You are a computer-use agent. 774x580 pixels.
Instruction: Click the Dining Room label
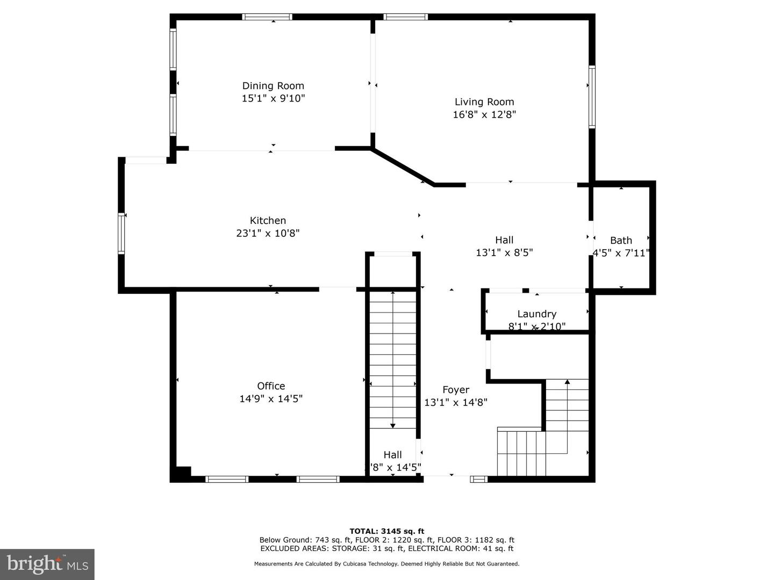[273, 86]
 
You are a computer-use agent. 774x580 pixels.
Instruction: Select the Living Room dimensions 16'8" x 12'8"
[484, 114]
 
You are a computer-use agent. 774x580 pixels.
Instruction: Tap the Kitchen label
[268, 220]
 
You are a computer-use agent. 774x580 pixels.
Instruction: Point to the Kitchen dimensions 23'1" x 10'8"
[268, 233]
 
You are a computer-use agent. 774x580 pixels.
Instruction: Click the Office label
[271, 386]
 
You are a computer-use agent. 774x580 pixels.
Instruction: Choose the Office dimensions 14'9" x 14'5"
[271, 398]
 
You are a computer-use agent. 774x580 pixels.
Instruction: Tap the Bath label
[621, 241]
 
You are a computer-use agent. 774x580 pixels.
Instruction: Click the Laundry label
[536, 314]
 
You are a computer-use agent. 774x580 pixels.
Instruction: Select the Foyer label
[456, 390]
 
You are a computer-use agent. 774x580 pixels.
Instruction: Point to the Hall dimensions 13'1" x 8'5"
[504, 252]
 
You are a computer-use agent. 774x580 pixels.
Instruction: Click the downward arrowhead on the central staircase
[393, 425]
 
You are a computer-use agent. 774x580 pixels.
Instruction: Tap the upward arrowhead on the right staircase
[567, 382]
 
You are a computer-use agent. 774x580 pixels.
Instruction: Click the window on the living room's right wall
[592, 97]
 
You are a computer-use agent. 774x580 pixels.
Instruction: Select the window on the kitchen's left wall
[122, 233]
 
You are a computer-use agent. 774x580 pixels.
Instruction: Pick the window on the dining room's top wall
[267, 17]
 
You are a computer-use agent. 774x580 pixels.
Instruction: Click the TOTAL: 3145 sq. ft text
[387, 531]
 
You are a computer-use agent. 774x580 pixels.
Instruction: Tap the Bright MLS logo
[47, 564]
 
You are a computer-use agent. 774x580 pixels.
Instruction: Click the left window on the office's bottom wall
[227, 479]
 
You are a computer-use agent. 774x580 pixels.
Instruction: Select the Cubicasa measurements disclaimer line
[387, 564]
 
